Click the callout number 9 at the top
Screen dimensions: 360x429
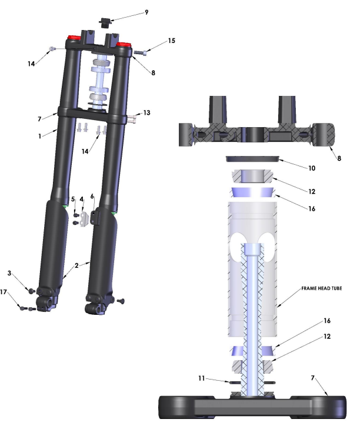146,12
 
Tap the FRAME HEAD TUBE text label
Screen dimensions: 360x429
321,288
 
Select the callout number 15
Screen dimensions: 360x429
172,41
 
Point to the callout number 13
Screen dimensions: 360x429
147,113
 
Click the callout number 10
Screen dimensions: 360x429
312,168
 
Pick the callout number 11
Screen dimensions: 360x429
202,378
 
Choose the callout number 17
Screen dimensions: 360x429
4,292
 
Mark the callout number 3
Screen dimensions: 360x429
9,273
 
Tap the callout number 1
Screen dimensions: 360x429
40,136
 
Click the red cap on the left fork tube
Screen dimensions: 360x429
74,38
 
